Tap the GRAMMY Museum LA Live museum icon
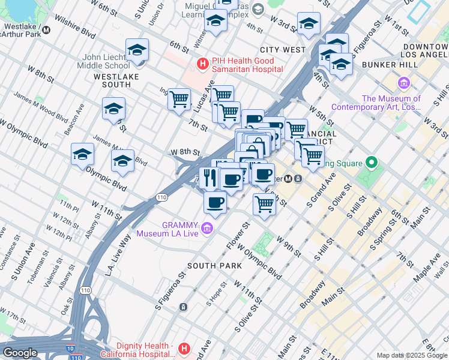point(207,227)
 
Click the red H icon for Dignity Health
point(184,348)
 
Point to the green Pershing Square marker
point(371,163)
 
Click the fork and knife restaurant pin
point(209,177)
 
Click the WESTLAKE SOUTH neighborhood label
point(116,81)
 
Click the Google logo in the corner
point(20,353)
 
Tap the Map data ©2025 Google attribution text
point(412,355)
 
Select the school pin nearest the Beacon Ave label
point(113,109)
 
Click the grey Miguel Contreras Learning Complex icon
point(258,9)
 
